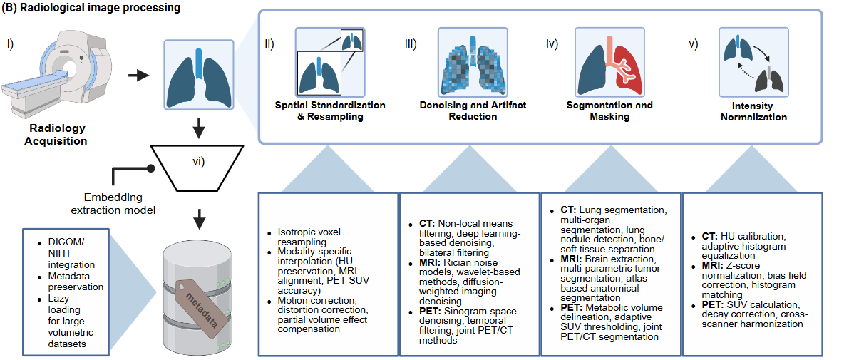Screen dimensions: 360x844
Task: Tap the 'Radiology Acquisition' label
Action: [58, 135]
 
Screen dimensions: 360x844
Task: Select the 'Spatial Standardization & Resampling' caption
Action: [330, 111]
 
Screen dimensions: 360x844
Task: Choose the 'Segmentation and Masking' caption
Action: [609, 111]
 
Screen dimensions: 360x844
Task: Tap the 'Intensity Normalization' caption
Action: [753, 112]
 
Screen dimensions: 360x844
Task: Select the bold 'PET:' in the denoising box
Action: [430, 311]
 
